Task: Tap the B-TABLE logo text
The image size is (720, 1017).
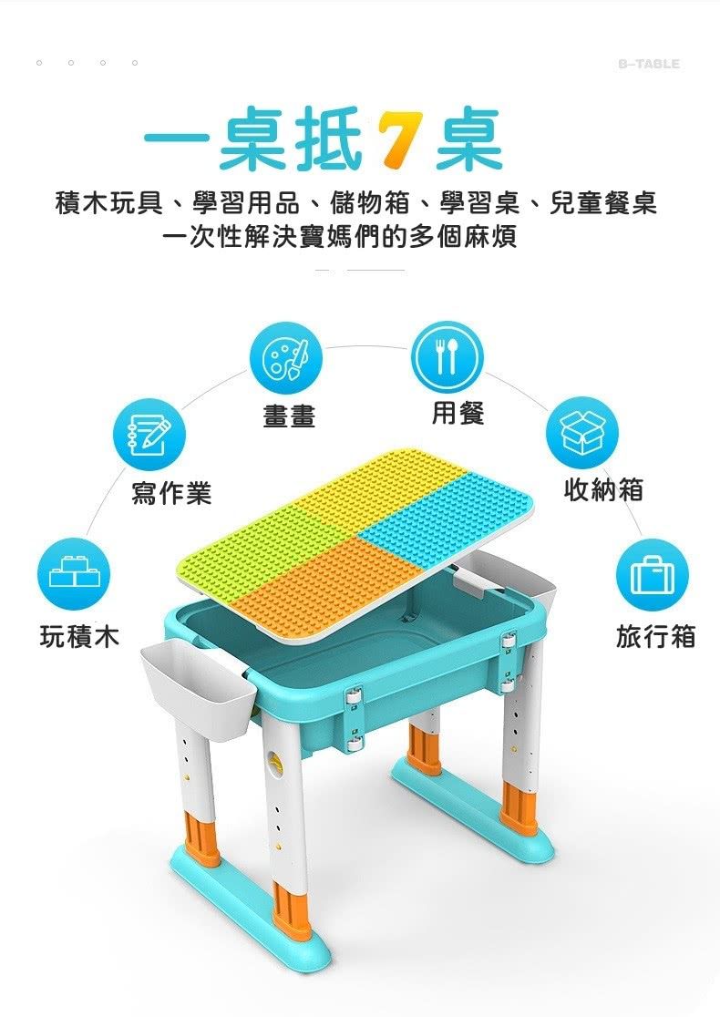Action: point(648,64)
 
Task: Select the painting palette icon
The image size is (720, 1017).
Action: point(286,356)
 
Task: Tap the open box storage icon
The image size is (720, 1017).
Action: point(581,433)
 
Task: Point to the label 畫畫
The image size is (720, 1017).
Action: point(289,416)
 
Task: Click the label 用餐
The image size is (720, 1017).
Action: point(458,413)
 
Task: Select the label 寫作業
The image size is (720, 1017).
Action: point(171,493)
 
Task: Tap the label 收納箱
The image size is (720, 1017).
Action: point(603,490)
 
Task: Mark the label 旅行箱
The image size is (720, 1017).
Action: point(655,636)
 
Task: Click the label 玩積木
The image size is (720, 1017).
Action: point(79,636)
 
